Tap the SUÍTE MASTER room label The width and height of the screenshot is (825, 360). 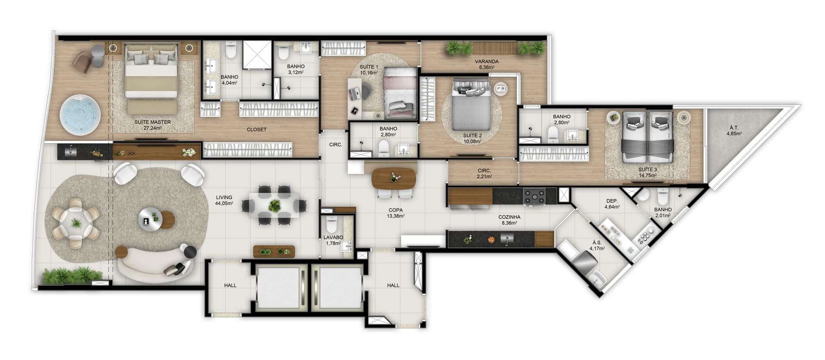tap(153, 122)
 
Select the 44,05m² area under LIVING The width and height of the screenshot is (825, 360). tap(224, 204)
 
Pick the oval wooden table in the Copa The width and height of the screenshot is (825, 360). tap(394, 177)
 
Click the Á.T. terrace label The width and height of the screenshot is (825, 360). tap(734, 128)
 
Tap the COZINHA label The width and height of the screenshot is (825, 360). tap(510, 217)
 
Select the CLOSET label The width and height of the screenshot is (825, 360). tap(257, 129)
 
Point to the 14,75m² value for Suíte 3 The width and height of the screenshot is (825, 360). tap(648, 175)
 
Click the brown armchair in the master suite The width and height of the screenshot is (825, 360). tap(82, 61)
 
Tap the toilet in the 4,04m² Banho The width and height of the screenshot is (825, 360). tap(231, 50)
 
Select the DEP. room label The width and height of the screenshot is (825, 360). tap(612, 201)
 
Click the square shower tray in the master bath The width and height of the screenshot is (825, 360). tap(257, 55)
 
